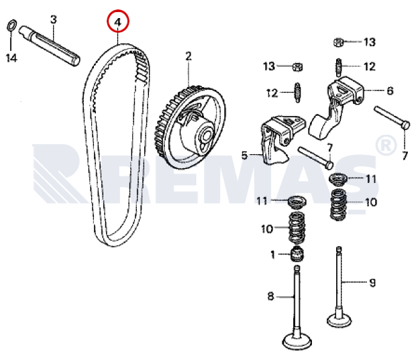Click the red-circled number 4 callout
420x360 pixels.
click(x=118, y=21)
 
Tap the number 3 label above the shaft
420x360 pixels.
click(x=54, y=19)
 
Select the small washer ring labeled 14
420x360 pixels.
click(x=11, y=25)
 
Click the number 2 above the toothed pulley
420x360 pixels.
click(x=189, y=56)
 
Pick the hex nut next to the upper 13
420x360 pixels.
click(x=339, y=42)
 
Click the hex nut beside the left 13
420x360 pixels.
click(x=298, y=66)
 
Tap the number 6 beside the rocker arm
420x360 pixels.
click(x=390, y=91)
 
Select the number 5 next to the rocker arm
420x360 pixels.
click(x=244, y=156)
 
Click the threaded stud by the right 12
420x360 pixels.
click(x=339, y=67)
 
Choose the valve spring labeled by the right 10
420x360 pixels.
click(x=338, y=204)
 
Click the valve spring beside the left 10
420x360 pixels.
click(x=297, y=227)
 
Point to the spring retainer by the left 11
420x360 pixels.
click(x=297, y=201)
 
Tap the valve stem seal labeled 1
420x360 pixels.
click(x=297, y=254)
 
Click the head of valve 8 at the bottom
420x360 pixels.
click(x=297, y=341)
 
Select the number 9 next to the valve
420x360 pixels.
click(x=372, y=283)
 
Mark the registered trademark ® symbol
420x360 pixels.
click(x=386, y=145)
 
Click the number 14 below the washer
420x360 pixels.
click(x=11, y=58)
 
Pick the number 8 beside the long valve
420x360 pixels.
click(x=270, y=296)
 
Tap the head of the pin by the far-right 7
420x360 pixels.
click(x=406, y=125)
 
